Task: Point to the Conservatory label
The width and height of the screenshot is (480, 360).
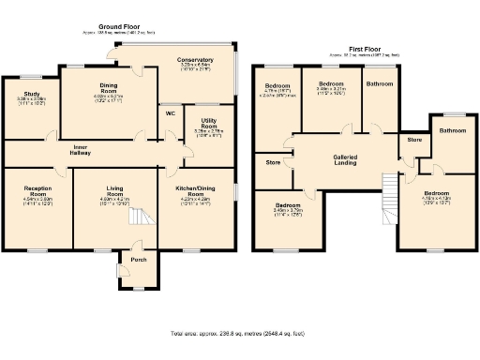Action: (196, 61)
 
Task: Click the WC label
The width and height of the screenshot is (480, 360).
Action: (170, 113)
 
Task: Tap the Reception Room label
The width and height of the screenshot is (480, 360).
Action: (37, 191)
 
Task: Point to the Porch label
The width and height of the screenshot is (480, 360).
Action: (138, 260)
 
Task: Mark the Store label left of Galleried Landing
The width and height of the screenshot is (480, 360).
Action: (273, 162)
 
